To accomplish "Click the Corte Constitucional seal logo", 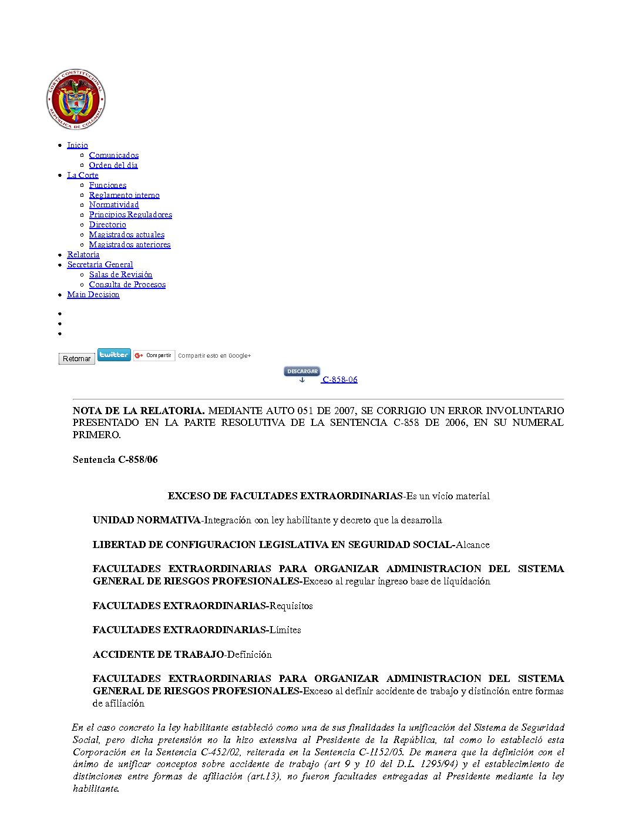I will pyautogui.click(x=76, y=99).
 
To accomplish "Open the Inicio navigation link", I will pyautogui.click(x=78, y=145).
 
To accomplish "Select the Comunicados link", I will pyautogui.click(x=114, y=155).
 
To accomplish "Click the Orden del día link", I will pyautogui.click(x=113, y=165).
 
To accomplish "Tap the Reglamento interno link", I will pyautogui.click(x=124, y=195).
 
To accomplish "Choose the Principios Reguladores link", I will pyautogui.click(x=130, y=214).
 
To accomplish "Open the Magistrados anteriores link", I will pyautogui.click(x=130, y=244).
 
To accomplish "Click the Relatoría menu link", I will pyautogui.click(x=83, y=254).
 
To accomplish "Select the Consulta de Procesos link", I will pyautogui.click(x=127, y=284).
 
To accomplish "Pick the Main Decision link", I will pyautogui.click(x=93, y=294).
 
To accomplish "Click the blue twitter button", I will pyautogui.click(x=114, y=355).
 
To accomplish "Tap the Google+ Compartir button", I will pyautogui.click(x=154, y=355).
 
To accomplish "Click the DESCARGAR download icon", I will pyautogui.click(x=302, y=374).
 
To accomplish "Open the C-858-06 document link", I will pyautogui.click(x=340, y=379).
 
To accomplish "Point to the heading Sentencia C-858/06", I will pyautogui.click(x=115, y=459).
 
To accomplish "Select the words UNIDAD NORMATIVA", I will pyautogui.click(x=146, y=520).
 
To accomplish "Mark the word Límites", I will pyautogui.click(x=285, y=630).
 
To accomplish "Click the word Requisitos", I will pyautogui.click(x=291, y=606).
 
